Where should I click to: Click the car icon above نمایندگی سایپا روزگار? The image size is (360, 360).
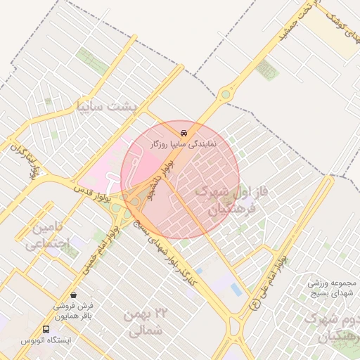(x=184, y=131)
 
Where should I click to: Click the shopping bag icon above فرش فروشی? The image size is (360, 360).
(x=75, y=295)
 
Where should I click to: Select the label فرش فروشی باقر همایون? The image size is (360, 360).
(x=75, y=311)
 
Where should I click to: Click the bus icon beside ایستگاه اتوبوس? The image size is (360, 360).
(x=46, y=329)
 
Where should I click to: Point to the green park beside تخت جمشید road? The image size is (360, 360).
(x=266, y=68)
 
